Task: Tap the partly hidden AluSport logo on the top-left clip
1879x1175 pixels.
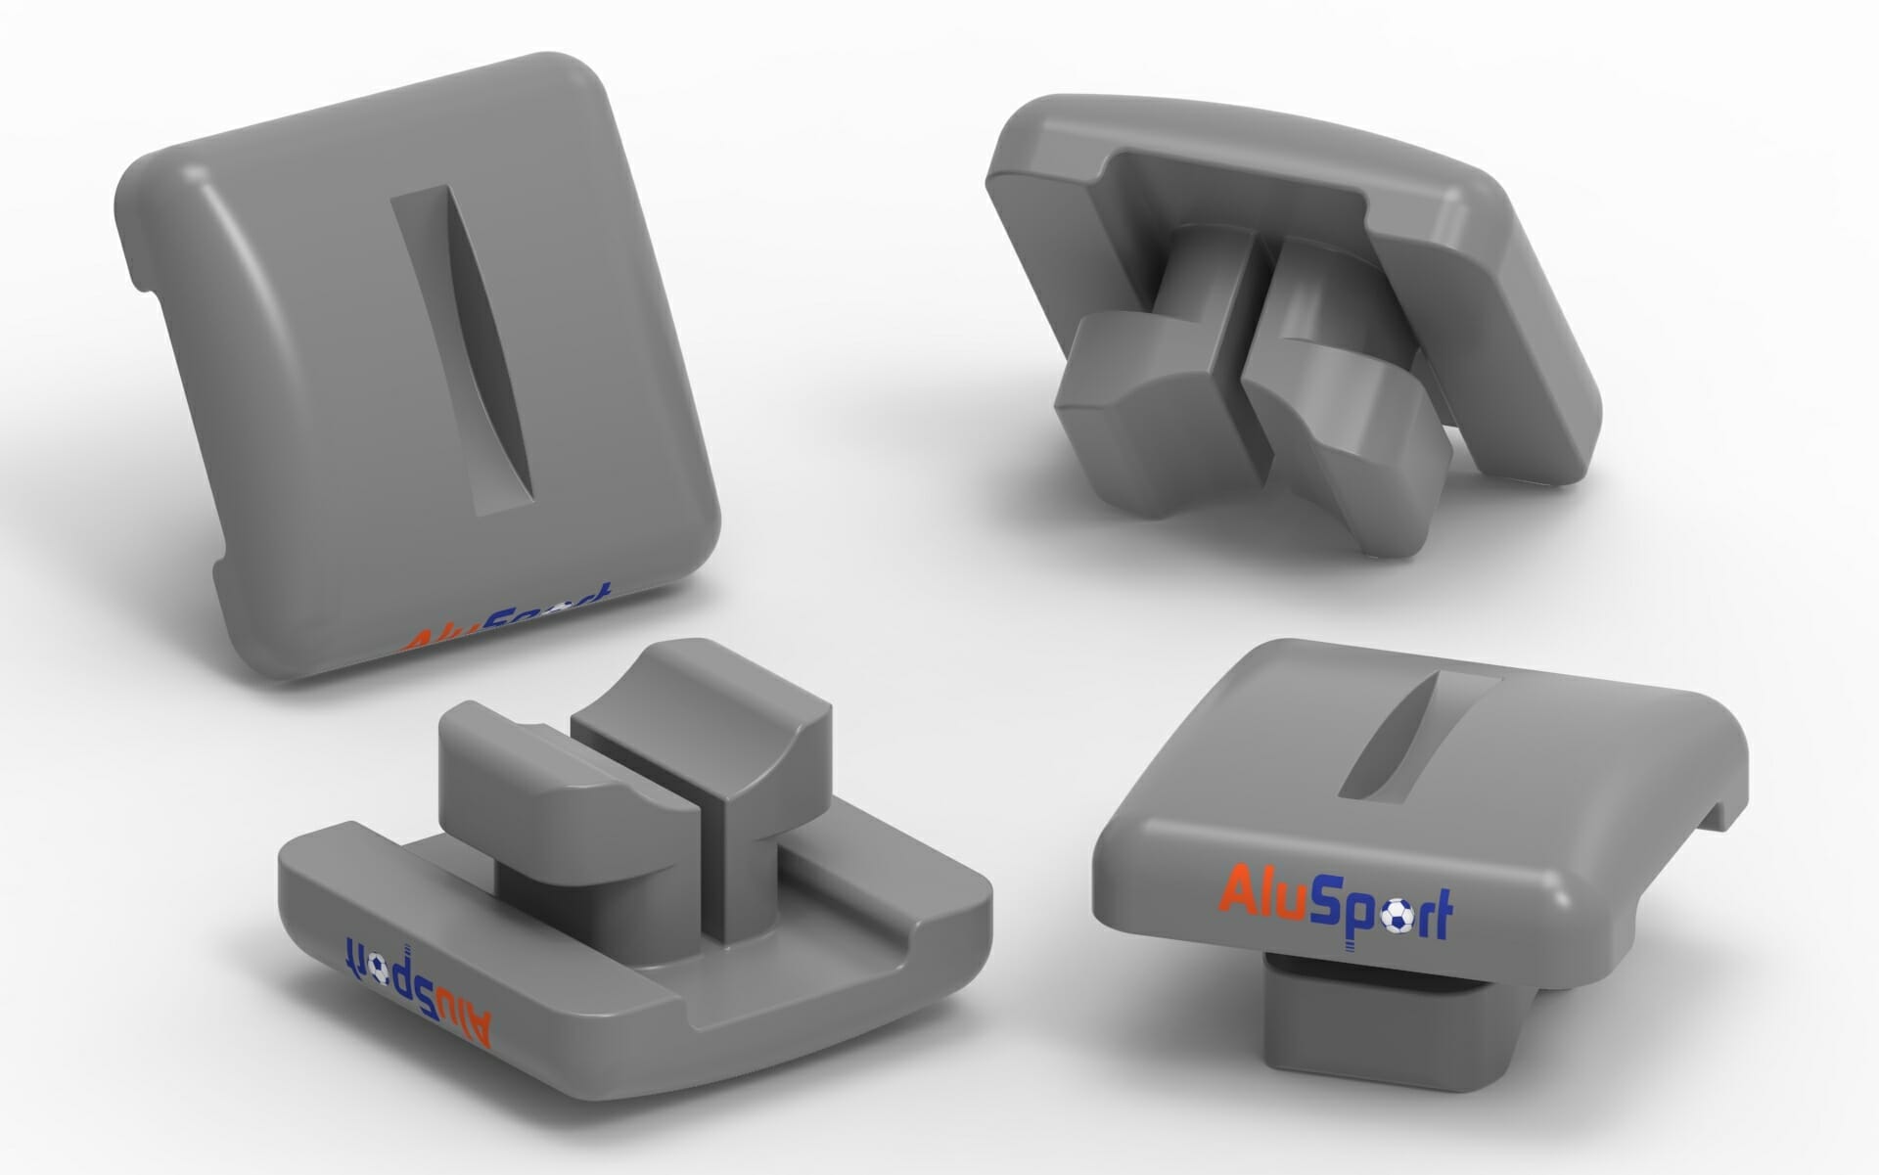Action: (507, 624)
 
